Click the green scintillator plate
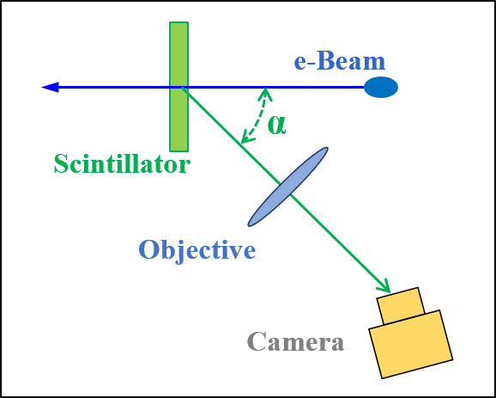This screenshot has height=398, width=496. tap(178, 120)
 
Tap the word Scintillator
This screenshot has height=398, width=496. tap(121, 163)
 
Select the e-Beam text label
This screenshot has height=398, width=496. tap(339, 61)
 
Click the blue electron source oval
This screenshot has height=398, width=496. tap(380, 87)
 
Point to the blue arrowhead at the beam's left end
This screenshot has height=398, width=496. tap(50, 87)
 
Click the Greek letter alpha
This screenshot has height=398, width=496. tap(276, 124)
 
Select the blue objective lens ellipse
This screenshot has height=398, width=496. tap(288, 187)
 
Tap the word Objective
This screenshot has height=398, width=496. tap(197, 250)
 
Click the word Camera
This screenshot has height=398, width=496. tap(295, 341)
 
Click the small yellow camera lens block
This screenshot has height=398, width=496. tap(401, 305)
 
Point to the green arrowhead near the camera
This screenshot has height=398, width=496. tap(384, 286)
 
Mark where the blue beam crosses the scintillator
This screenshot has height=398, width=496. tap(178, 87)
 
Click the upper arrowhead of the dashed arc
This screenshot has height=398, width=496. tap(266, 91)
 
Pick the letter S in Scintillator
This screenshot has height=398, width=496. tap(61, 163)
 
